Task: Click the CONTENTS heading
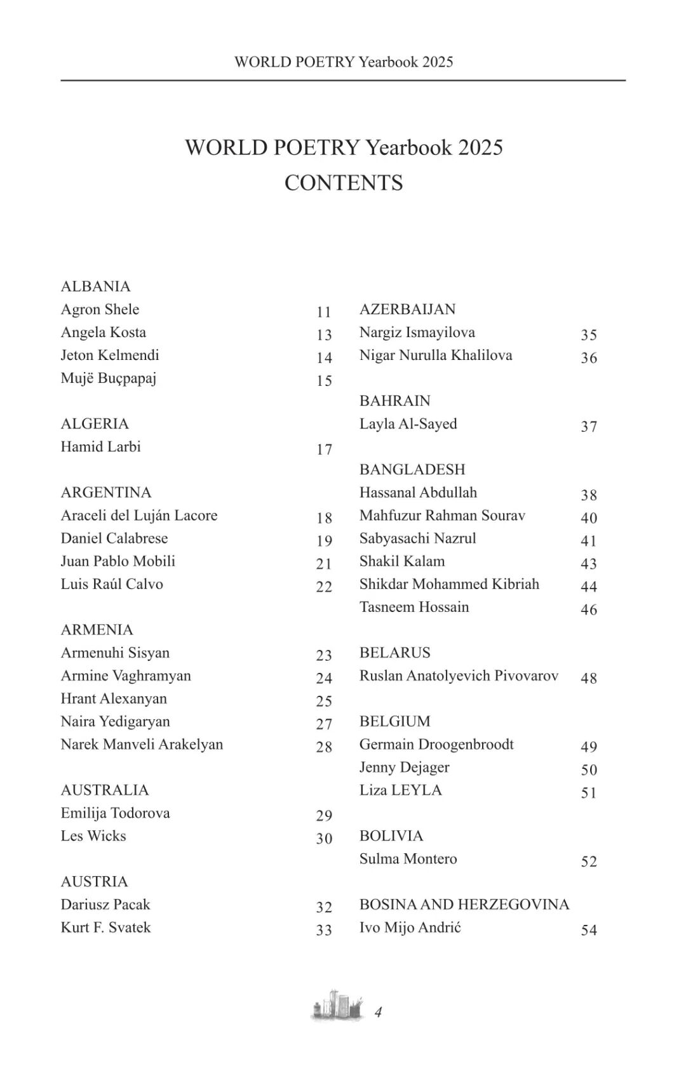pyautogui.click(x=344, y=183)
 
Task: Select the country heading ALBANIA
pyautogui.click(x=95, y=286)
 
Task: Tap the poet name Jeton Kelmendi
pyautogui.click(x=110, y=355)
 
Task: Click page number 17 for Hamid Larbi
pyautogui.click(x=324, y=449)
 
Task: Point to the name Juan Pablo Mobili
pyautogui.click(x=118, y=561)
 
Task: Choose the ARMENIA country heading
pyautogui.click(x=97, y=630)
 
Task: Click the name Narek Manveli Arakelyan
pyautogui.click(x=142, y=744)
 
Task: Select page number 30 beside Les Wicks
pyautogui.click(x=324, y=839)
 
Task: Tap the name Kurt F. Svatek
pyautogui.click(x=105, y=927)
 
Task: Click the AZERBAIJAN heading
pyautogui.click(x=407, y=309)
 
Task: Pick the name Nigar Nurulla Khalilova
pyautogui.click(x=436, y=355)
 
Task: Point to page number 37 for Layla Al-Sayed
pyautogui.click(x=589, y=427)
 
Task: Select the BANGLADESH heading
pyautogui.click(x=412, y=469)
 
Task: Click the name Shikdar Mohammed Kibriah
pyautogui.click(x=449, y=584)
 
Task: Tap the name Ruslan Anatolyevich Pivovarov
pyautogui.click(x=459, y=675)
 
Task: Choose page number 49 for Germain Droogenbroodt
pyautogui.click(x=589, y=747)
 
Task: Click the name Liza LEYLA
pyautogui.click(x=400, y=790)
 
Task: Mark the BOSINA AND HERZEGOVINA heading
pyautogui.click(x=464, y=904)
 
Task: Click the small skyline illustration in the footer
pyautogui.click(x=337, y=1006)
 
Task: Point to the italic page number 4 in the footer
pyautogui.click(x=379, y=1012)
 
